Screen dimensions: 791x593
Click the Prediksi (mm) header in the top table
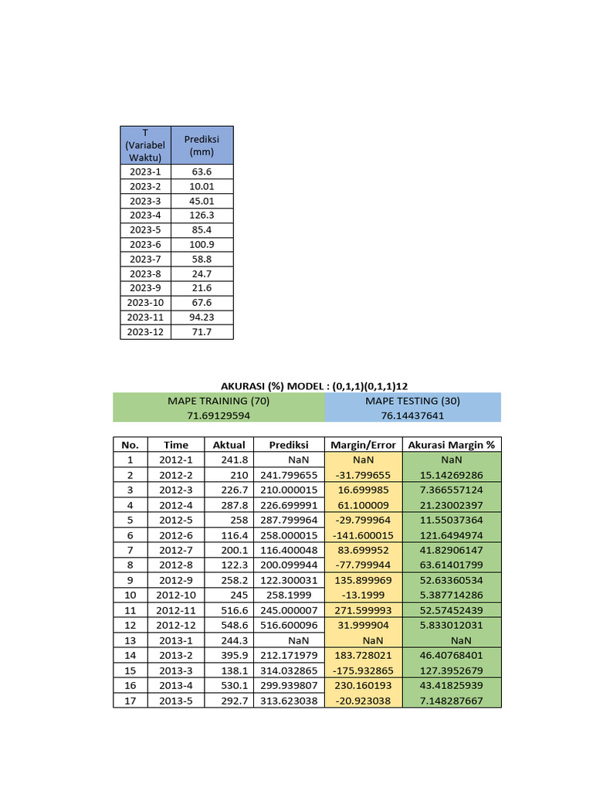click(x=202, y=145)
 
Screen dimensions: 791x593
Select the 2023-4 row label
click(x=145, y=216)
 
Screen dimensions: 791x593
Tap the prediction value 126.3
click(x=202, y=216)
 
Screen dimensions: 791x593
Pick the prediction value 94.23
click(x=202, y=317)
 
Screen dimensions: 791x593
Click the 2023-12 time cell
click(x=145, y=332)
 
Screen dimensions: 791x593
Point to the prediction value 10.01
click(x=202, y=186)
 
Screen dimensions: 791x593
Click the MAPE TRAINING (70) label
click(x=219, y=401)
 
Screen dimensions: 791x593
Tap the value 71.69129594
click(x=219, y=416)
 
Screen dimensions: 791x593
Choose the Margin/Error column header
click(x=363, y=445)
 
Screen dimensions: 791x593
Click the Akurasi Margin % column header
click(x=452, y=445)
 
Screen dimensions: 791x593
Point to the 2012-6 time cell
click(x=175, y=535)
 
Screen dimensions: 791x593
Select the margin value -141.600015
click(x=363, y=535)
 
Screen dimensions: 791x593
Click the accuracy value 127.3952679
click(x=452, y=670)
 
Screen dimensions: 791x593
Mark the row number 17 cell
click(x=130, y=701)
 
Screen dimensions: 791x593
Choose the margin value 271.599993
click(x=363, y=610)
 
